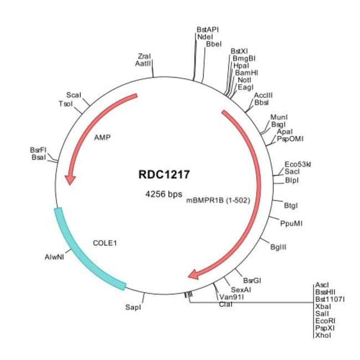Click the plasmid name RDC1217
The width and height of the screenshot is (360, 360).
click(164, 174)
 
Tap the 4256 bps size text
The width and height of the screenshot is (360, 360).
click(164, 194)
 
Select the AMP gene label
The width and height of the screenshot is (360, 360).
click(102, 137)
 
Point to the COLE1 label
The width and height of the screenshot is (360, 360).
click(105, 243)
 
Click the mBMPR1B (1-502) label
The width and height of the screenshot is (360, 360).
click(218, 200)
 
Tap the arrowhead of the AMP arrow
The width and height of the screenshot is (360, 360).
click(70, 179)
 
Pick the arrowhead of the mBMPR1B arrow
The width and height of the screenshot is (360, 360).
click(193, 274)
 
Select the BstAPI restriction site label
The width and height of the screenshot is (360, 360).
click(208, 29)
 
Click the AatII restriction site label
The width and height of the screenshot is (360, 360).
click(143, 63)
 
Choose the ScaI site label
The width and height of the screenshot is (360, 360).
click(74, 95)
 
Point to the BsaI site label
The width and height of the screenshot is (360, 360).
click(39, 157)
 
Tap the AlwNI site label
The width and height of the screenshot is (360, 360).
click(54, 257)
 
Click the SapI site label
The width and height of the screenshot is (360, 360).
click(133, 307)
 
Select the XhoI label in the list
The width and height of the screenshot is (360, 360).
click(323, 335)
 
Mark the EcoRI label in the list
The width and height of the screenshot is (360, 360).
click(325, 321)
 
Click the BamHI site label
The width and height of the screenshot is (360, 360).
click(246, 73)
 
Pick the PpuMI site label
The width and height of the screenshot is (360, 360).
click(291, 223)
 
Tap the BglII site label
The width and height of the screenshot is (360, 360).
click(278, 247)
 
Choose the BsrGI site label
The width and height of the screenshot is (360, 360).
click(252, 280)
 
